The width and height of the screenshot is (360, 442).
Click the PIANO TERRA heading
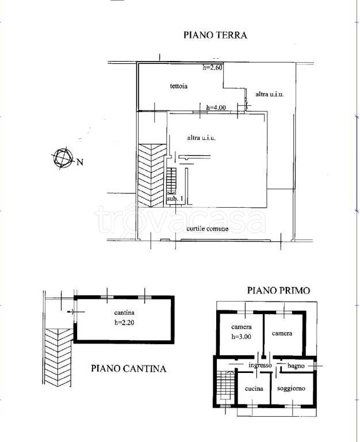(x=215, y=35)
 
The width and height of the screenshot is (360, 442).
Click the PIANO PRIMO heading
(x=279, y=291)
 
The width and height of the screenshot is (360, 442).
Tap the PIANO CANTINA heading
(x=128, y=368)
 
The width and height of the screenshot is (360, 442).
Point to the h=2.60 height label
(x=212, y=68)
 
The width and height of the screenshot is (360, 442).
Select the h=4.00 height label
(x=217, y=108)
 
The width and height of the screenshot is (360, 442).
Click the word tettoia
(x=179, y=87)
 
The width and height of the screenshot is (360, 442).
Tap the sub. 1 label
(x=175, y=199)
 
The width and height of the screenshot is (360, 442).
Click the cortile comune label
(x=208, y=229)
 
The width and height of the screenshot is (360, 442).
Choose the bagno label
(x=297, y=366)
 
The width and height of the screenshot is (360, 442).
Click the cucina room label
(x=254, y=389)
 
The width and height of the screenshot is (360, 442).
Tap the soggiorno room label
(x=291, y=389)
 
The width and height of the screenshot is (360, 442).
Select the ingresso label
(x=260, y=365)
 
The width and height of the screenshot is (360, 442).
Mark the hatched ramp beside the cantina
(x=58, y=357)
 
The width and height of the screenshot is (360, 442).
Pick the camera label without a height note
(x=282, y=333)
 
